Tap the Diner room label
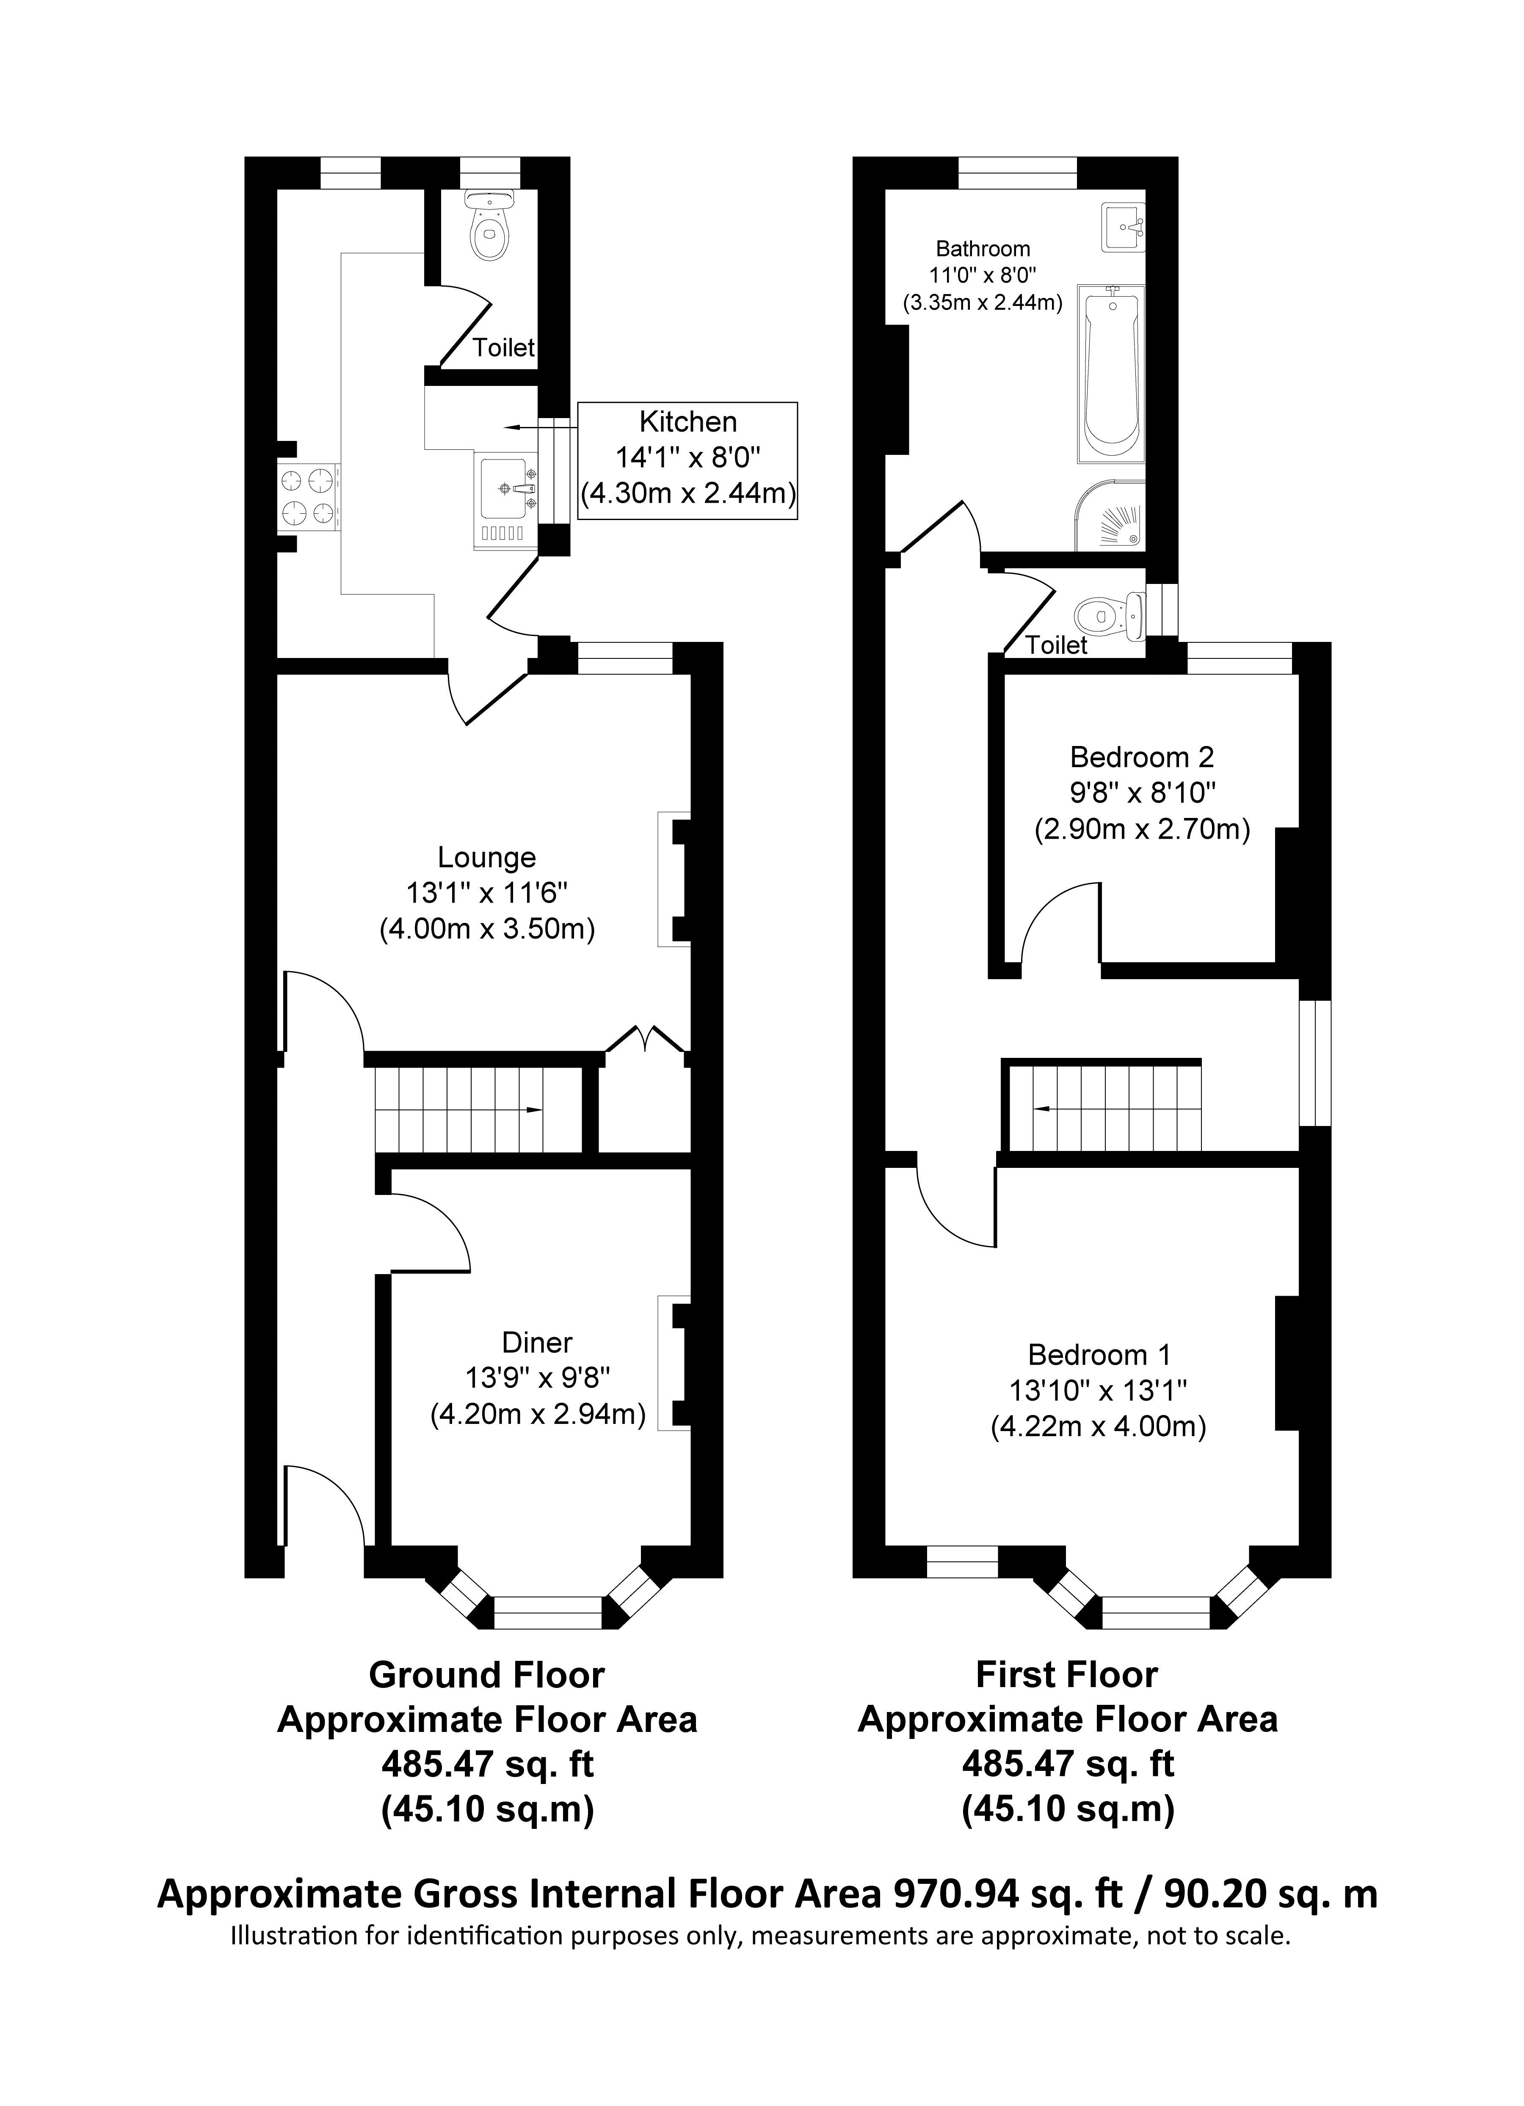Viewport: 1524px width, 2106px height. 537,1342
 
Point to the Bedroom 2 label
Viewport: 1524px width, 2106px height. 1141,757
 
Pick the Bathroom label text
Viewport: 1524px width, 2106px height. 983,249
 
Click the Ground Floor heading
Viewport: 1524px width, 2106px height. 487,1675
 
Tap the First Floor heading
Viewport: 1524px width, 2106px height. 1067,1675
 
